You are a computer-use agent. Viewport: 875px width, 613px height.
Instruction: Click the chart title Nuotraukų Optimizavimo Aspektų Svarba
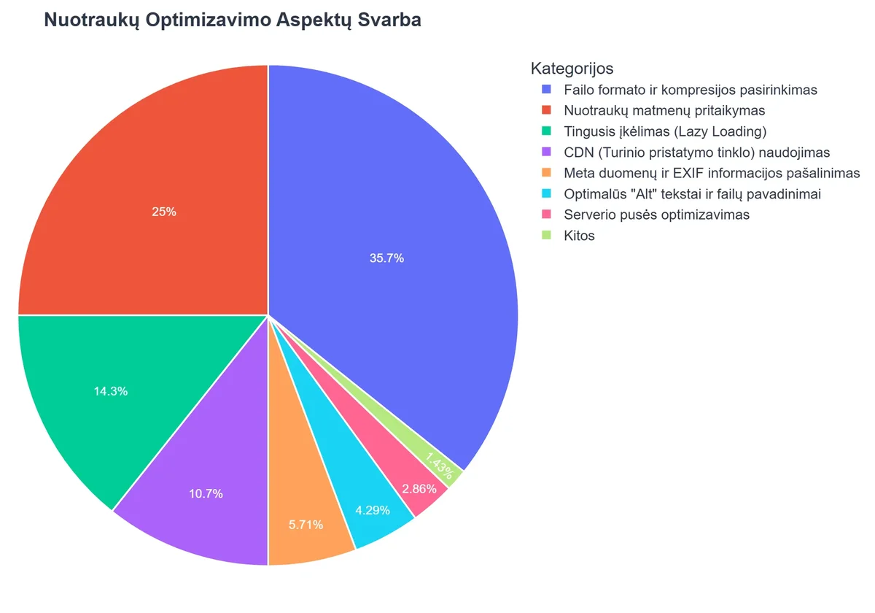click(233, 20)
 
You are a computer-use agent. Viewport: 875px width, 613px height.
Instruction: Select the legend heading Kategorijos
click(572, 69)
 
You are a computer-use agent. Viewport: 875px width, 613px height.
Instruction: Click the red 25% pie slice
click(146, 182)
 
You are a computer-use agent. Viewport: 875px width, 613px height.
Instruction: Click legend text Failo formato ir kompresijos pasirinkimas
click(691, 90)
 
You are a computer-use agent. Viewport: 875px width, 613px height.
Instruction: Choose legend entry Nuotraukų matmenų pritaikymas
click(664, 111)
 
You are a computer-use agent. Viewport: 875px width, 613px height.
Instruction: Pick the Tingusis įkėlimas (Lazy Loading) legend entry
click(665, 132)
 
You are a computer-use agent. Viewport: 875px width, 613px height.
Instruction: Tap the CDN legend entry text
click(696, 153)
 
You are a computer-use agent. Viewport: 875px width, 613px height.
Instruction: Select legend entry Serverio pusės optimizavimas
click(656, 215)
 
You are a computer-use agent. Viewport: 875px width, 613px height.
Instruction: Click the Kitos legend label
click(579, 236)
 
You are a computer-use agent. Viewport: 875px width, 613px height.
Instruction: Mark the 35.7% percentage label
click(386, 258)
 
